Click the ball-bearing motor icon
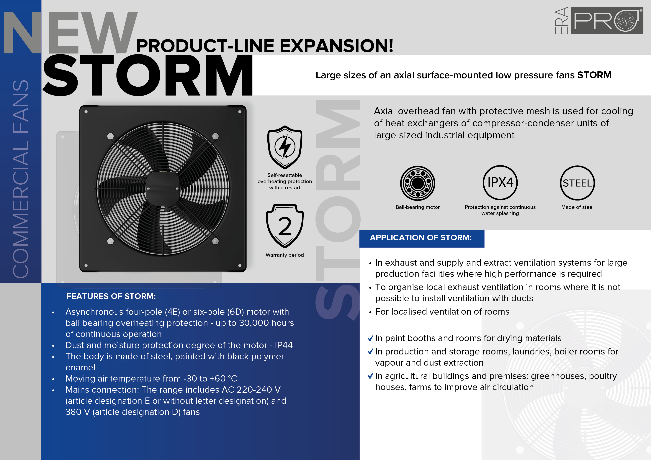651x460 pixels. click(x=418, y=183)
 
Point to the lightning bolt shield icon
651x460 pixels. click(x=285, y=147)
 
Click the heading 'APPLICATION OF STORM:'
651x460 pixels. click(x=421, y=237)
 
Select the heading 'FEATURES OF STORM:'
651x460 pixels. click(x=111, y=296)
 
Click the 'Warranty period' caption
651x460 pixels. click(x=285, y=255)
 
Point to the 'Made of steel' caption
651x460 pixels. click(x=577, y=207)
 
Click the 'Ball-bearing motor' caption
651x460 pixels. click(x=418, y=207)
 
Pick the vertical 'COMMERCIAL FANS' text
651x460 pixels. click(x=20, y=179)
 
